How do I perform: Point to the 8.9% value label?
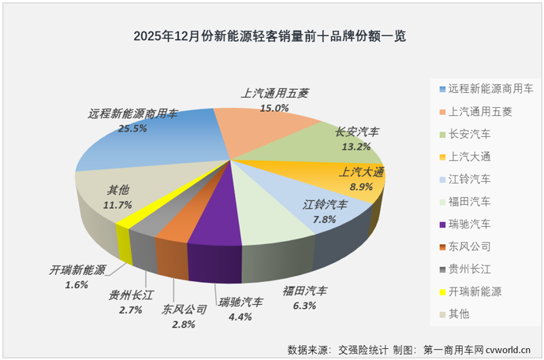(x=361, y=187)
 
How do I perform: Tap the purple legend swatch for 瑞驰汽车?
(x=441, y=224)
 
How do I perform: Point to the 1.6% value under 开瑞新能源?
(x=76, y=284)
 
